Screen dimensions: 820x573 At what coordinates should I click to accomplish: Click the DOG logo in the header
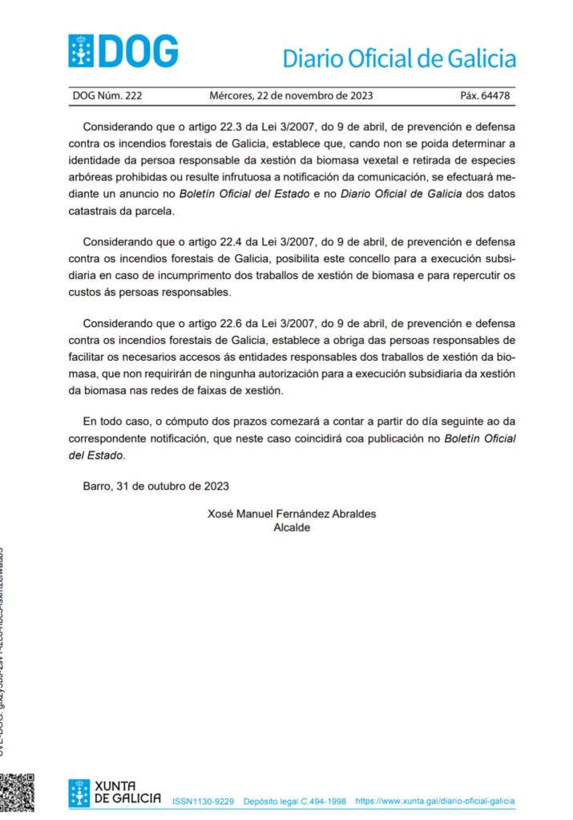[x=123, y=51]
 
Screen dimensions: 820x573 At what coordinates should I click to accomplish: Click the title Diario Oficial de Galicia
[x=398, y=59]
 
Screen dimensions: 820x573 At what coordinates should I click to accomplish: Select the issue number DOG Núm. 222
[x=107, y=96]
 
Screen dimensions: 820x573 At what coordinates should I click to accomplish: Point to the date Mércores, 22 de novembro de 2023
[x=291, y=96]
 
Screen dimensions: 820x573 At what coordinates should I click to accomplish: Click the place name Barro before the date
[x=98, y=486]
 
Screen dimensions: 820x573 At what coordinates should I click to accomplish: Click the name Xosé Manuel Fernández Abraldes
[x=292, y=514]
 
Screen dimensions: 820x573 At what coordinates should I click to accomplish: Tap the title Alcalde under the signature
[x=292, y=527]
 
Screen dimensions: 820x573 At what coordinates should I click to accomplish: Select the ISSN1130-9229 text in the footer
[x=203, y=801]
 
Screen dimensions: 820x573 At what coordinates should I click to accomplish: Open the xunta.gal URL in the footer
[x=434, y=801]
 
